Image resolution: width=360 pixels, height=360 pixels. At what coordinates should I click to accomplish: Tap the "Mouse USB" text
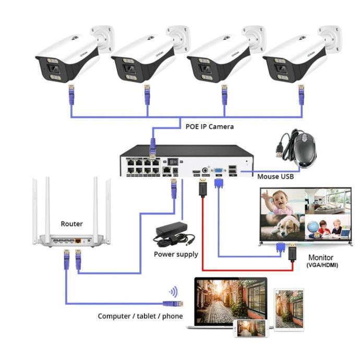tap(276, 177)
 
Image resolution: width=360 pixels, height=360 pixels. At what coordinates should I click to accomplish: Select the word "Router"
tap(71, 223)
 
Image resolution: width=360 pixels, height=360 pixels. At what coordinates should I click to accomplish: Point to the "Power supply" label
tap(176, 254)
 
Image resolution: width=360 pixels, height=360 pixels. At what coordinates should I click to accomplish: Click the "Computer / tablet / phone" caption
tap(140, 316)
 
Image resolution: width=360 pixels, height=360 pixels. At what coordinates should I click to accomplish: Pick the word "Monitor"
tap(320, 258)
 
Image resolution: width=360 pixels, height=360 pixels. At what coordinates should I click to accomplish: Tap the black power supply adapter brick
tap(171, 232)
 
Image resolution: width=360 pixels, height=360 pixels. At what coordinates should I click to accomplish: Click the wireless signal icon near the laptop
tap(172, 292)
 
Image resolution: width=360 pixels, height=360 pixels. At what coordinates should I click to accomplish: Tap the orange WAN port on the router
tap(78, 242)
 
